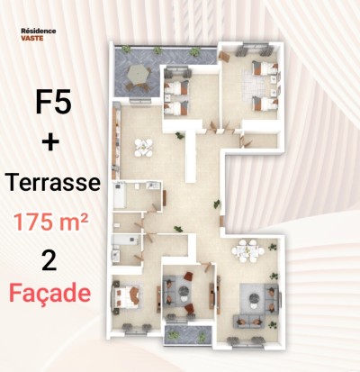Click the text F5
(x=55, y=103)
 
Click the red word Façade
(x=55, y=294)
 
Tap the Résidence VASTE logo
(x=38, y=34)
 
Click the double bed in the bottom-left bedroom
(x=127, y=295)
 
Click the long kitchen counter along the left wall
(x=115, y=140)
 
